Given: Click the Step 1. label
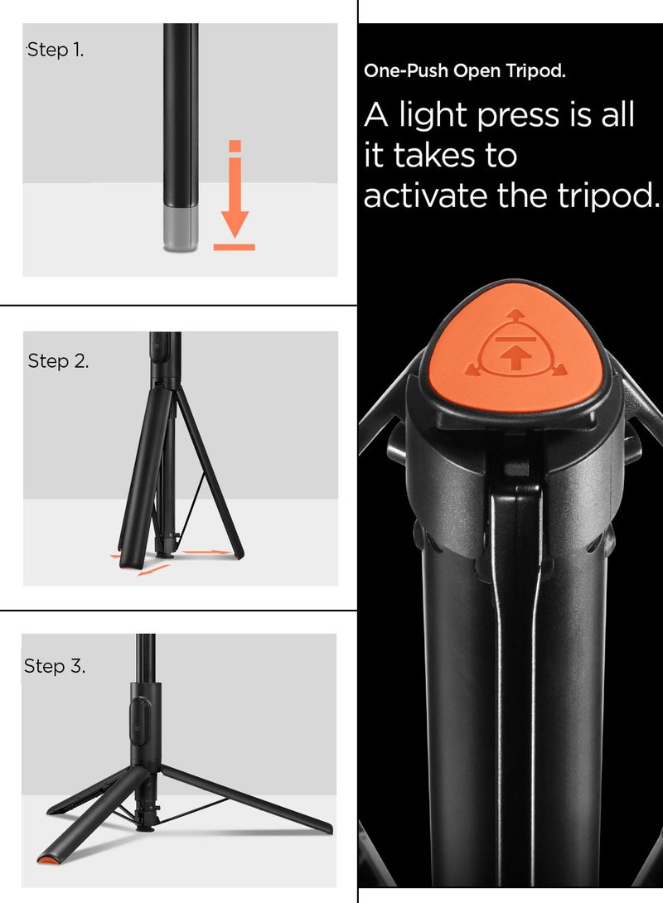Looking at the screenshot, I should [56, 50].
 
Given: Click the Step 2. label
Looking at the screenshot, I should [58, 361].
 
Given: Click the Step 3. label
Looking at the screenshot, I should [55, 666].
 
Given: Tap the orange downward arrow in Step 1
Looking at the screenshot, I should [235, 199].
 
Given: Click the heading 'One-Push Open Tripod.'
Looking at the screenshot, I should [465, 71].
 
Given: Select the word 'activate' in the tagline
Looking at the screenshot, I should [426, 196].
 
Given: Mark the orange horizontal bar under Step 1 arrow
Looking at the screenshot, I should [235, 247].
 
